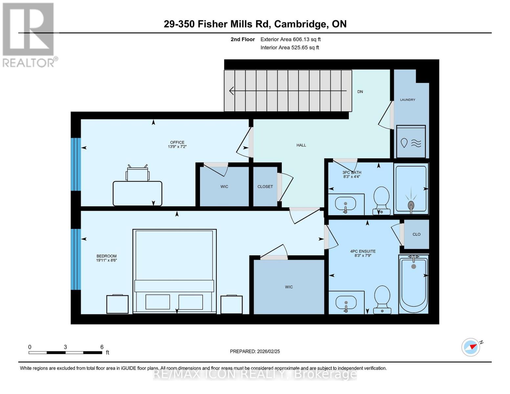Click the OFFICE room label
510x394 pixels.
177,142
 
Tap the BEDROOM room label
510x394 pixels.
106,256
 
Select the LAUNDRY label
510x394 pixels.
408,100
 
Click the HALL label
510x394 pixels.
301,145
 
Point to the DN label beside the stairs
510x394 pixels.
360,92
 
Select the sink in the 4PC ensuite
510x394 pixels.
345,302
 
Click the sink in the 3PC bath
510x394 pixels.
345,204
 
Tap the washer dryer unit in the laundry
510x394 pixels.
411,142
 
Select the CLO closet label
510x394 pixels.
416,234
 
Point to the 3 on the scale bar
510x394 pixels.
65,347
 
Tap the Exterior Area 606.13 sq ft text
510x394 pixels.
290,39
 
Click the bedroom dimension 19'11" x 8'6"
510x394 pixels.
106,260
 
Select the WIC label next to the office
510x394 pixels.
224,187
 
